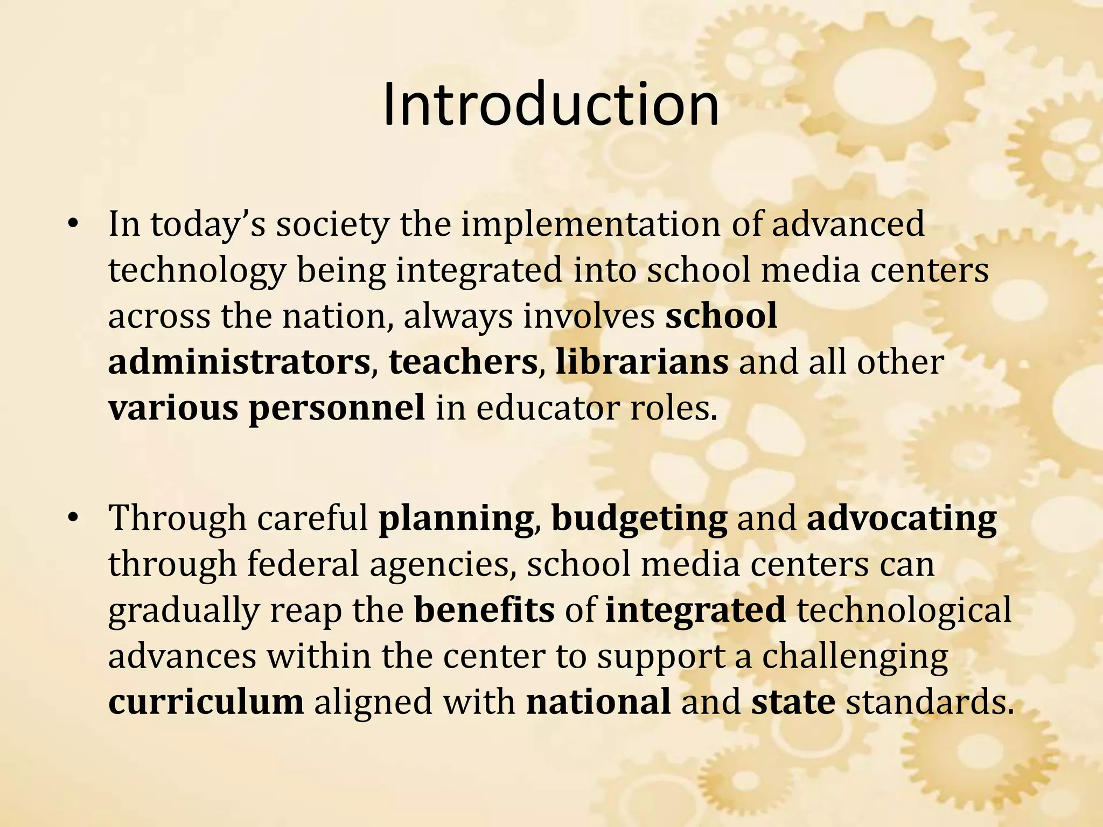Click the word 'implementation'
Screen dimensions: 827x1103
(590, 225)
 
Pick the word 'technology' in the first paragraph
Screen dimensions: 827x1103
(197, 271)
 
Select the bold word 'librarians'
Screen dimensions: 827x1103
(642, 362)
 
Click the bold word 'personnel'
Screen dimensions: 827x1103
(337, 408)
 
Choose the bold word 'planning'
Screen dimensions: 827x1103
(456, 518)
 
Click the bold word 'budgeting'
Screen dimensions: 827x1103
(639, 518)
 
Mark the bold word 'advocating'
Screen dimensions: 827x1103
(902, 518)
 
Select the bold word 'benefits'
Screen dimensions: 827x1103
(484, 610)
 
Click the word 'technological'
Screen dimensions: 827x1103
(904, 610)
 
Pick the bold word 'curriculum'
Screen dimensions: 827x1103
(206, 702)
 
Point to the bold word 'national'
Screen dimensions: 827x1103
(598, 702)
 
